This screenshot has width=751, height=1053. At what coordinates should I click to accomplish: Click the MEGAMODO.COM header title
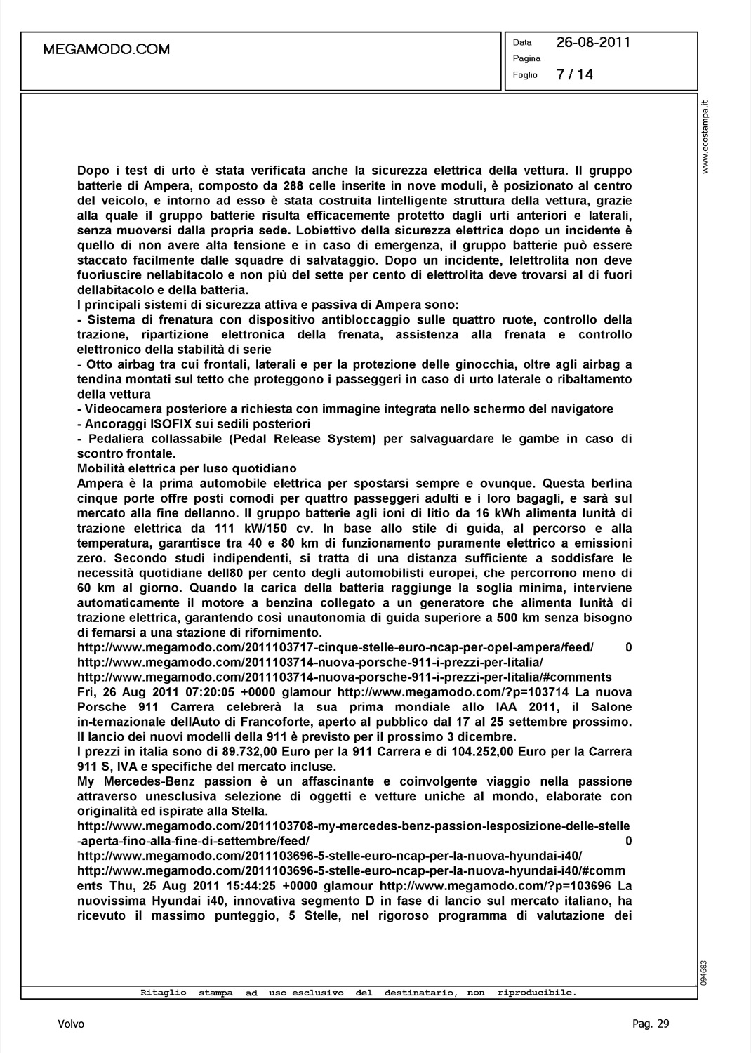click(107, 49)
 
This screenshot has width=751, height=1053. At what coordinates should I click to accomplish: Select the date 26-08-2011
click(593, 42)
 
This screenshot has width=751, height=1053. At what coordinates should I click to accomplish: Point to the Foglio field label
click(525, 75)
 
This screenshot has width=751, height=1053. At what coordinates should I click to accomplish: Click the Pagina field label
click(526, 58)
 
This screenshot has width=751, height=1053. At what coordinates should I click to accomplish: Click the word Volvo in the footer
click(71, 1024)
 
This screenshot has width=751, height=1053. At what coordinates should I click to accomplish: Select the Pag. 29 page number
click(651, 1024)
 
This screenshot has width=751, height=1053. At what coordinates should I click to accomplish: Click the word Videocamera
click(120, 409)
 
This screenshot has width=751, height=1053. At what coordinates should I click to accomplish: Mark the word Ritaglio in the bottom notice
click(164, 993)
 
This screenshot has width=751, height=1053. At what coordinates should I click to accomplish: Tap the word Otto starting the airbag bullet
click(98, 364)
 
